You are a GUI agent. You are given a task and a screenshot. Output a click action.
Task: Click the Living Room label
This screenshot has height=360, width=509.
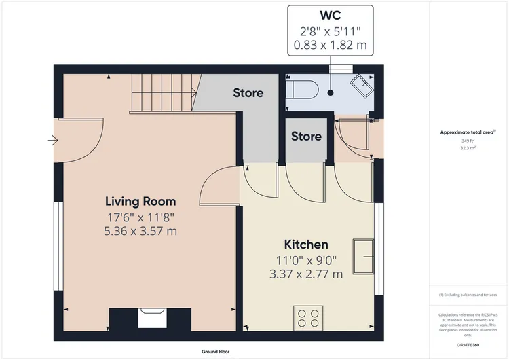point(140,201)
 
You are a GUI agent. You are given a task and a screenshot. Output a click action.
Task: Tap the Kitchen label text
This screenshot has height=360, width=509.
point(305,245)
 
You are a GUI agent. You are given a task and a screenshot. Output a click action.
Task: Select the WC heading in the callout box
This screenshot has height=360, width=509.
point(330,16)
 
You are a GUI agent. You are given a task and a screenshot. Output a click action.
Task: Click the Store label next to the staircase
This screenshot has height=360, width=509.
point(248,93)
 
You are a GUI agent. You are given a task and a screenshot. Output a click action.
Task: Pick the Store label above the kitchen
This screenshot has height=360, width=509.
point(306,137)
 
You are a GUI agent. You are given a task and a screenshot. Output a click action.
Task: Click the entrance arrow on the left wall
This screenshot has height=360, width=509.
point(52,141)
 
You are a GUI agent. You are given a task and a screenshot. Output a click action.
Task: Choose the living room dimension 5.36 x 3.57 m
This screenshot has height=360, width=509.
point(140,231)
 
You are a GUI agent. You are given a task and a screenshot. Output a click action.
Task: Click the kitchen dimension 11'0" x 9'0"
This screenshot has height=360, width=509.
point(305,259)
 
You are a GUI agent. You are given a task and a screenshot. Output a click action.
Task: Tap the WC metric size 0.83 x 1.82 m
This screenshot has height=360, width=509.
point(330,46)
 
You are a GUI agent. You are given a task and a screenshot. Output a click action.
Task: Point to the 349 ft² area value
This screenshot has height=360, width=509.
point(468,141)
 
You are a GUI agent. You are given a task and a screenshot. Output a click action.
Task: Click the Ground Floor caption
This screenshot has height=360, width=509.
point(218,352)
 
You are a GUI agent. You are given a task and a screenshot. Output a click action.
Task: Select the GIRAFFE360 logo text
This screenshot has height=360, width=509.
point(467,346)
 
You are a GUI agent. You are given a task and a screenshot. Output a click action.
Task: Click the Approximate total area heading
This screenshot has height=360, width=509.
point(467,132)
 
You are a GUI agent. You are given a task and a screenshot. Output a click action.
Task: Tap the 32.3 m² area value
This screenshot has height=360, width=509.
point(468,147)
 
